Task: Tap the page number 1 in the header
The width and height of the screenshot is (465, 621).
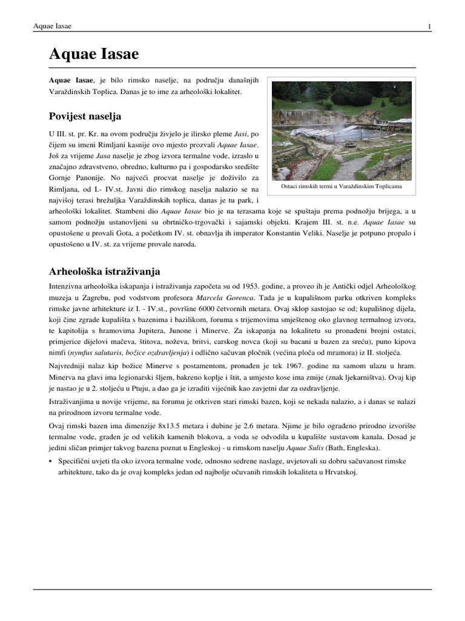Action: (x=429, y=27)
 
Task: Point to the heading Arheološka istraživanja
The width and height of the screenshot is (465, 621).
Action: (x=104, y=270)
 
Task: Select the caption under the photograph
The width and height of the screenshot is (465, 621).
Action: (x=341, y=187)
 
